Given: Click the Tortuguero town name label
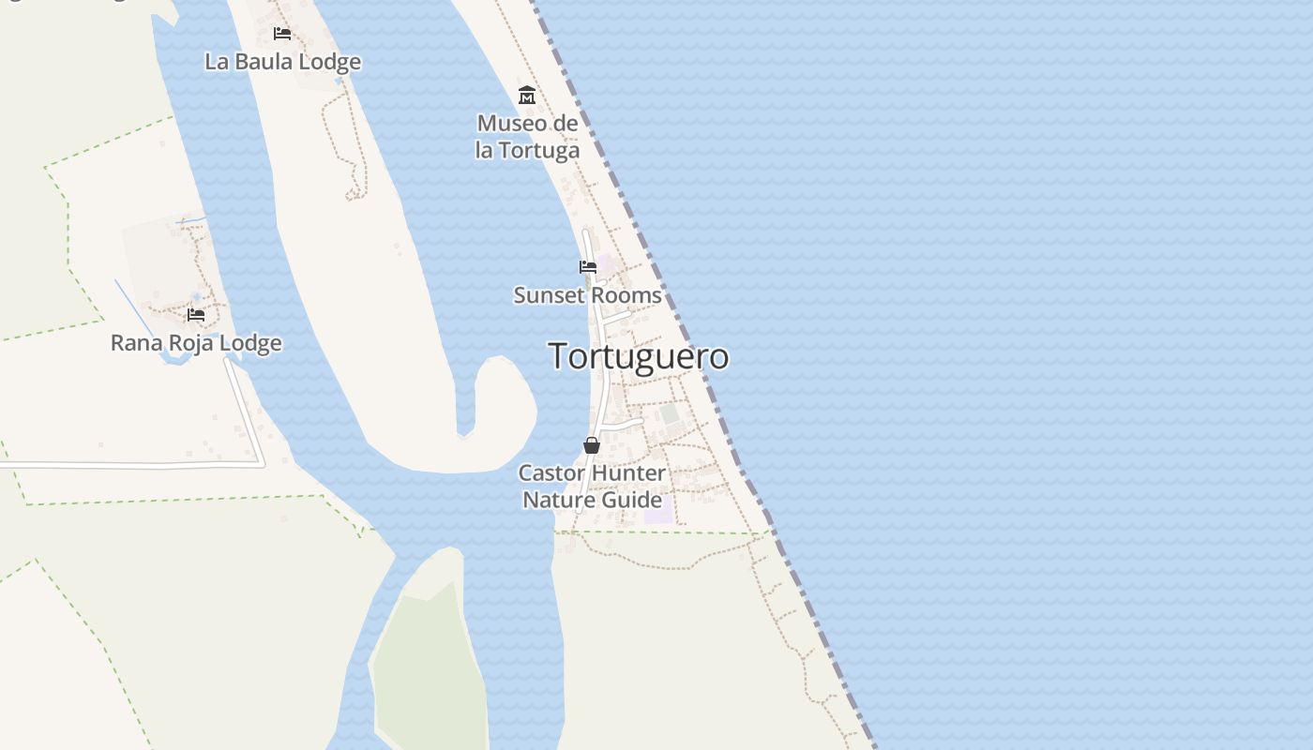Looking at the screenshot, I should [638, 356].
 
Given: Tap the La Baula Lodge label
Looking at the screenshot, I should [282, 62].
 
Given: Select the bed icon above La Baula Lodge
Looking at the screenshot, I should [282, 34].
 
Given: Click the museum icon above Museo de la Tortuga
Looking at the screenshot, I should [527, 96].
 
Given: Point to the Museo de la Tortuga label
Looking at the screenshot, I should [527, 136].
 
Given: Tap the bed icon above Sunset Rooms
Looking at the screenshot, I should [588, 267].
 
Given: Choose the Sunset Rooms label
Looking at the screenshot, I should [587, 294].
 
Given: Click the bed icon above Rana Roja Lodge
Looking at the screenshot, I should [196, 314].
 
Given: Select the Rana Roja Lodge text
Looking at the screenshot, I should [196, 343].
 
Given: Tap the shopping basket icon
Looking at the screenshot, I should [592, 445].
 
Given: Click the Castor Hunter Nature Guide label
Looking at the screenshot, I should [592, 486].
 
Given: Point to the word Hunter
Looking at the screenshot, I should [628, 472].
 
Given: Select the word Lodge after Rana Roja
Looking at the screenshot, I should [251, 343].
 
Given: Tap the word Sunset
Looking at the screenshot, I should [543, 294].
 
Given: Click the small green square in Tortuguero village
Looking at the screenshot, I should [669, 413].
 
